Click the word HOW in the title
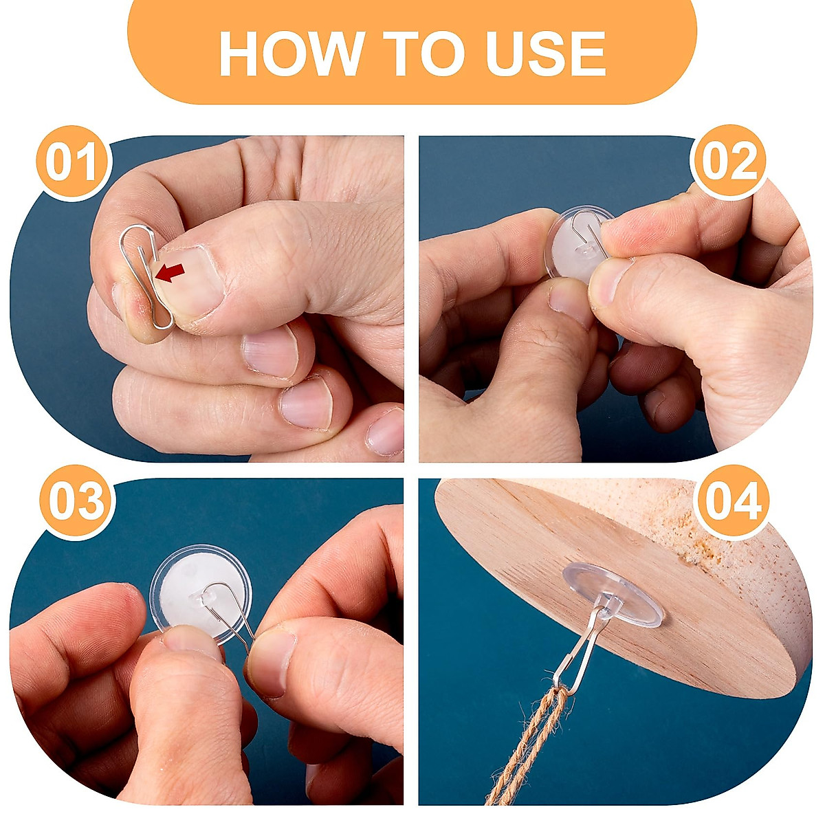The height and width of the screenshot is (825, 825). [291, 54]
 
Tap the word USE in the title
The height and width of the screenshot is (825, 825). [545, 54]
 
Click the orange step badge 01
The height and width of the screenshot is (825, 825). [74, 163]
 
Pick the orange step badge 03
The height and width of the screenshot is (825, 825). [77, 503]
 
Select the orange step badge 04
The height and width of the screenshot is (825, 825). [733, 502]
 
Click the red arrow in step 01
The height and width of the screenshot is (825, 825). [170, 272]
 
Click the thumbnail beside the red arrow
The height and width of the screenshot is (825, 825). [190, 280]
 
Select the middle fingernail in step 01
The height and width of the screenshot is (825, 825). [270, 355]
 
